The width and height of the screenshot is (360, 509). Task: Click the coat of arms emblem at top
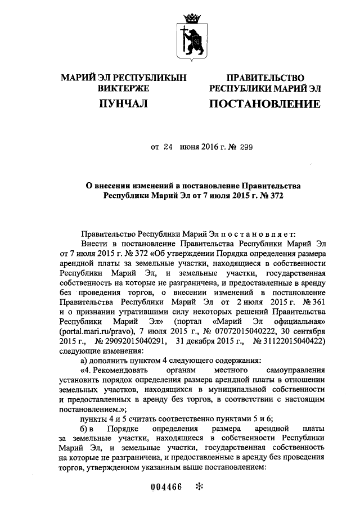191,35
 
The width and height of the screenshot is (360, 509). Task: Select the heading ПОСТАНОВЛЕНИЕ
264,103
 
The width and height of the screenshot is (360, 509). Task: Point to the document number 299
246,147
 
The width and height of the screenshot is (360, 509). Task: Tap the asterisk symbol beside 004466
198,487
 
